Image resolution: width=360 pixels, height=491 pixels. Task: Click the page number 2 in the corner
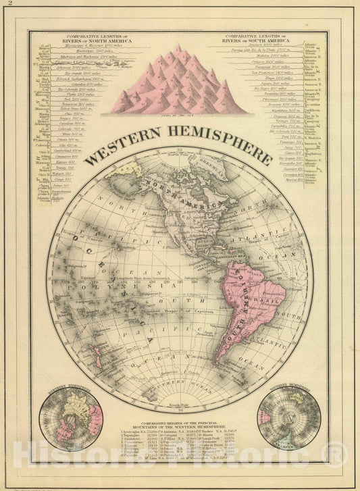[10, 5]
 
